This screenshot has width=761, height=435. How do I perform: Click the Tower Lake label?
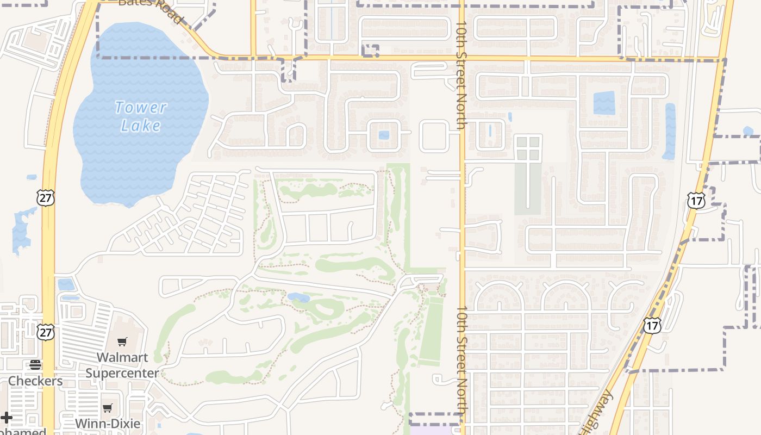[x=141, y=116]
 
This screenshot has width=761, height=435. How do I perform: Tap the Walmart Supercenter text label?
[x=122, y=365]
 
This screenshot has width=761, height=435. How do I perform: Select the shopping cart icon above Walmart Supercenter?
[x=122, y=342]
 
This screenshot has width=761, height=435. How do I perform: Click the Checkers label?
[x=35, y=381]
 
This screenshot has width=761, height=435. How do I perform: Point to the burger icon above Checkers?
[x=35, y=364]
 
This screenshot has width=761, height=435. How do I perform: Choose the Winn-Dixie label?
[x=108, y=424]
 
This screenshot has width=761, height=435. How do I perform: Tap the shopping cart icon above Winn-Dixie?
[x=108, y=408]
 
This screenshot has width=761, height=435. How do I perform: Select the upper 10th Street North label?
[x=461, y=75]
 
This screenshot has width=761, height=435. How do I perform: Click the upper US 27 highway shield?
[x=46, y=197]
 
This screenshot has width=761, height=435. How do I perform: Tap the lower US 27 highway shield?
[x=46, y=332]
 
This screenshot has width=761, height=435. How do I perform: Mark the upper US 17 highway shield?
[x=696, y=200]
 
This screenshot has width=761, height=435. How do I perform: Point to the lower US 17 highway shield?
[x=652, y=325]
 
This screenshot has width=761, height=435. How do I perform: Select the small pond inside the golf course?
[x=298, y=297]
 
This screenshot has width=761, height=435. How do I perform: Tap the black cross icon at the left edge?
[x=6, y=418]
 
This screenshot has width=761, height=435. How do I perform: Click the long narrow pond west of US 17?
[x=670, y=130]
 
